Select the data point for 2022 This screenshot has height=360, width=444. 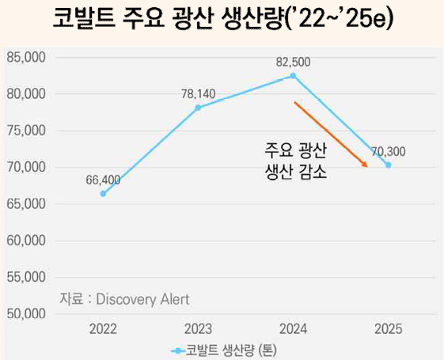click(103, 194)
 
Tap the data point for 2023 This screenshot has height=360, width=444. click(198, 108)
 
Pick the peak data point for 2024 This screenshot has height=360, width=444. click(293, 76)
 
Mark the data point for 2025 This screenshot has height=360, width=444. click(388, 165)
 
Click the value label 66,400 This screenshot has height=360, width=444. click(103, 180)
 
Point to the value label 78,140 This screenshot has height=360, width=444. click(198, 93)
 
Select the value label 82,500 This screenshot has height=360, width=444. click(293, 61)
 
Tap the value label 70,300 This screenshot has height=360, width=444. click(387, 150)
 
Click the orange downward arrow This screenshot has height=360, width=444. click(331, 134)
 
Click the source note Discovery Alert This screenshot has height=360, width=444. click(125, 298)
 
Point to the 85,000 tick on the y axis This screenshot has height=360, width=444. click(26, 58)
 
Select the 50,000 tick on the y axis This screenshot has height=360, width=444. click(26, 314)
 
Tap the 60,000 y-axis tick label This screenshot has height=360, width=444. click(26, 241)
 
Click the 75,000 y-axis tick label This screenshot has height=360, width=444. click(26, 131)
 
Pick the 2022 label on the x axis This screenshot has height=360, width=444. click(103, 328)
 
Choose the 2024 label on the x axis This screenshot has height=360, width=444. click(293, 328)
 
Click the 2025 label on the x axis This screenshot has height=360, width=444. click(388, 328)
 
